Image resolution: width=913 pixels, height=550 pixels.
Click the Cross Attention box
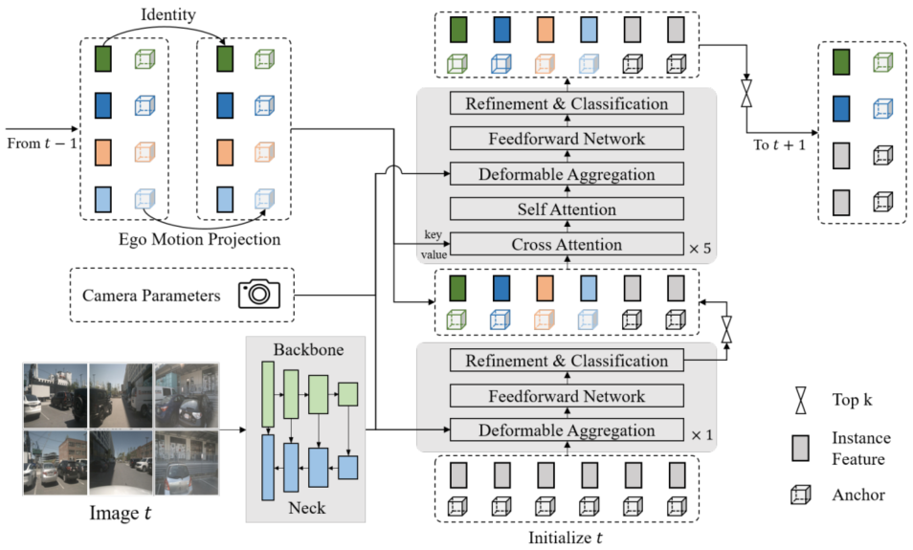567,245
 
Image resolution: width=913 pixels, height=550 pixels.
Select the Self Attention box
567,209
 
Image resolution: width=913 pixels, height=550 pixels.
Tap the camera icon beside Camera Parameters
259,295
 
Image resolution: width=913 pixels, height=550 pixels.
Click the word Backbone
308,350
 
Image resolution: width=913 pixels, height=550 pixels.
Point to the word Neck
307,508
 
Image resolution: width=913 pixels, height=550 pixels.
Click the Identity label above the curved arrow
167,14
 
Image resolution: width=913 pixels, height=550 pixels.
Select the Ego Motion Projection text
199,239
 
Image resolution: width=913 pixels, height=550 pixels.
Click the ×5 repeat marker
700,249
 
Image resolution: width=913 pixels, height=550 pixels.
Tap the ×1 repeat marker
701,435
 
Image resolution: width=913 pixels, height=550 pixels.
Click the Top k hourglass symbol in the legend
801,400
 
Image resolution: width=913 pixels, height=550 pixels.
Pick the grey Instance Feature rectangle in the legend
801,449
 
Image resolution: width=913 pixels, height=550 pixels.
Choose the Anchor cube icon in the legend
801,495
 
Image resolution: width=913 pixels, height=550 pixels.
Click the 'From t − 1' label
41,143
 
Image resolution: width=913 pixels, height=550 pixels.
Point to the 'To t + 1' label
779,145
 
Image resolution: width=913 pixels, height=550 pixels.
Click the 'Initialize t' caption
565,538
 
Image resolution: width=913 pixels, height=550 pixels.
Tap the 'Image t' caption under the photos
120,513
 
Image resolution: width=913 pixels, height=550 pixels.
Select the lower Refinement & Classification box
567,361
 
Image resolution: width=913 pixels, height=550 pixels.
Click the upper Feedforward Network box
567,139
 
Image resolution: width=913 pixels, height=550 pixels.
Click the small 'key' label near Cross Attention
433,234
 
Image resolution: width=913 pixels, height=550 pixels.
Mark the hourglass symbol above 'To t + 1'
746,93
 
